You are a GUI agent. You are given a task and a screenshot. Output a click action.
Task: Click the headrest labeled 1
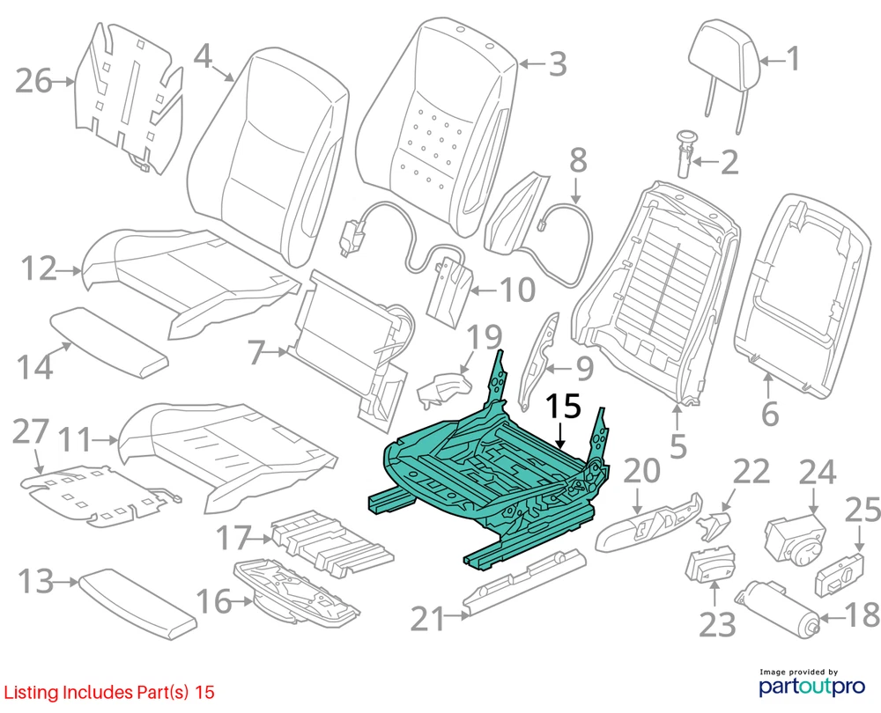(728, 49)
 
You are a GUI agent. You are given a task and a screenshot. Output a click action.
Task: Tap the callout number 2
(729, 161)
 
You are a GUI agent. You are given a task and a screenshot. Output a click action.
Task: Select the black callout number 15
(563, 408)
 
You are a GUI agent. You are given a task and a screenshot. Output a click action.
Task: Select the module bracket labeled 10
(452, 287)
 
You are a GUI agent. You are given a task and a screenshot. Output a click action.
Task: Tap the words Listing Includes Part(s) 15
(107, 693)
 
